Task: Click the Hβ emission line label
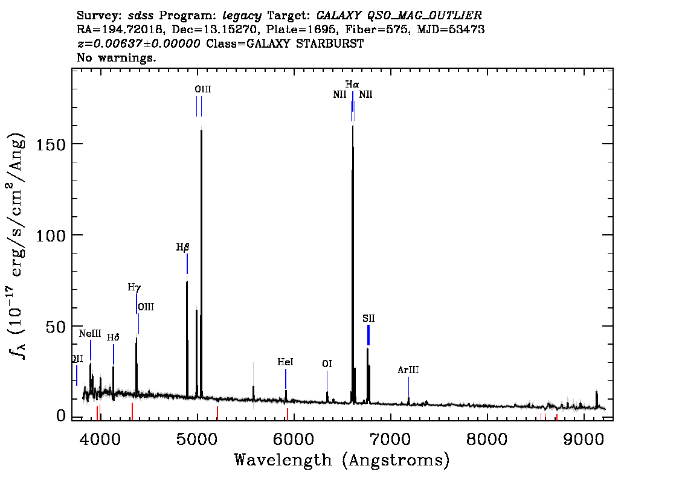coord(182,248)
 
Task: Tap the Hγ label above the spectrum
coord(134,287)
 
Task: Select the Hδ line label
coord(113,337)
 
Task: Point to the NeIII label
coord(90,334)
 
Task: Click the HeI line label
coord(285,362)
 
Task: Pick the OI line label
coord(327,363)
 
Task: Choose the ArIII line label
coord(408,370)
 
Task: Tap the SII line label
coord(368,318)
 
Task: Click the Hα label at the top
coord(352,85)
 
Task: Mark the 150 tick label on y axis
coord(51,144)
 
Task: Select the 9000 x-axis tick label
coord(583,439)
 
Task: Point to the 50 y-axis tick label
coord(56,327)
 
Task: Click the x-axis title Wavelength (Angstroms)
coord(342,460)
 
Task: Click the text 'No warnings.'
coord(116,57)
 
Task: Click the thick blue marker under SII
coord(368,335)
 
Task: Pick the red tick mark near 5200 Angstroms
coord(217,413)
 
